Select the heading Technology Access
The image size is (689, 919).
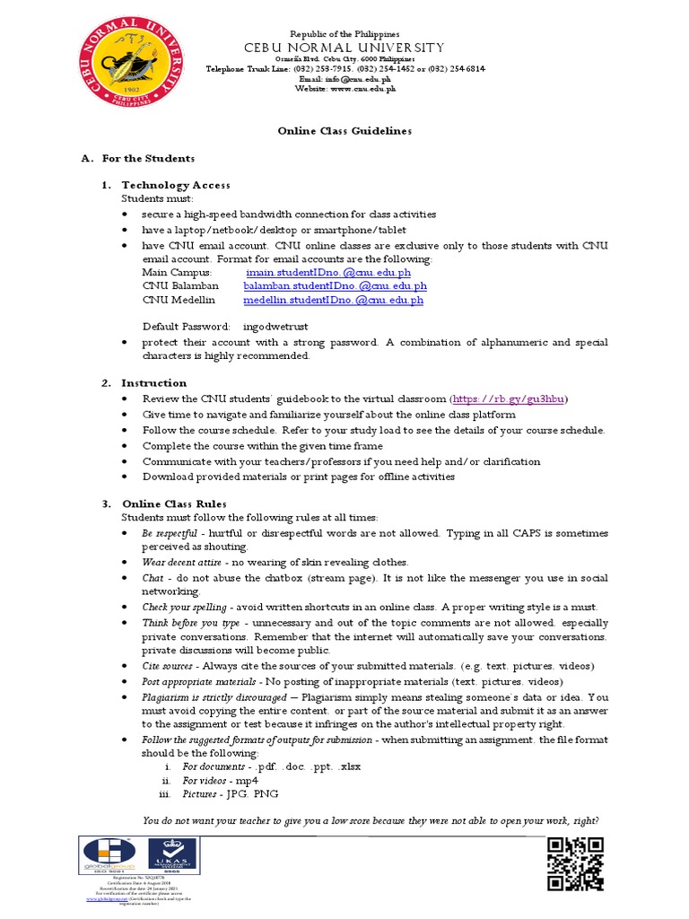pyautogui.click(x=176, y=185)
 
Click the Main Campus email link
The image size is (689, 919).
pyautogui.click(x=328, y=272)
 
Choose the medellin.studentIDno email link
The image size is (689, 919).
pyautogui.click(x=333, y=301)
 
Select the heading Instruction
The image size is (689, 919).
pyautogui.click(x=154, y=383)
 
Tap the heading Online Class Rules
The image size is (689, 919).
pyautogui.click(x=174, y=503)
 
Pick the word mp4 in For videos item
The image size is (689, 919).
pyautogui.click(x=247, y=781)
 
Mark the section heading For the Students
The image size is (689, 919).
pyautogui.click(x=148, y=158)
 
